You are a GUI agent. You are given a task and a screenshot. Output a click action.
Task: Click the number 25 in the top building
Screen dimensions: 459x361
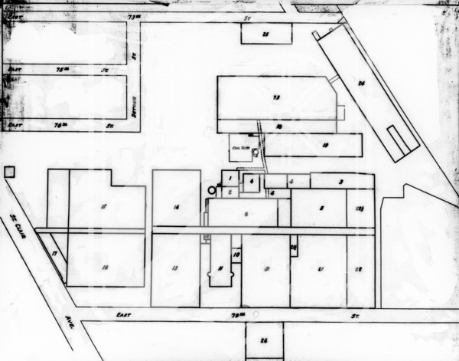click(265, 34)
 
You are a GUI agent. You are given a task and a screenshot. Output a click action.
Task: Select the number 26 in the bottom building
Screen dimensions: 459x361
click(264, 340)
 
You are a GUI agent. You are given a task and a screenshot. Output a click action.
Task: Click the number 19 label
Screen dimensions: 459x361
click(325, 144)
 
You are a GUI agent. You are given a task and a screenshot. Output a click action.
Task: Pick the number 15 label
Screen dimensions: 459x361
click(103, 205)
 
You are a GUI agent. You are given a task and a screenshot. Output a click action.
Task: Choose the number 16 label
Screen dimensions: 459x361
click(105, 266)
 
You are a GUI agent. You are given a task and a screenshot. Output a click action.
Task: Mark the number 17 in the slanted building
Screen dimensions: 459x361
click(54, 253)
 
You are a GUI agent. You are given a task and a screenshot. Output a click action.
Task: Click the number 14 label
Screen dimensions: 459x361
click(176, 208)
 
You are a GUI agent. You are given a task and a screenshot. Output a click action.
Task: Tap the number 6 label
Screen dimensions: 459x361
click(246, 214)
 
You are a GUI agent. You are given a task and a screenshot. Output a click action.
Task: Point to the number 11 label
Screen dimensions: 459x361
click(220, 268)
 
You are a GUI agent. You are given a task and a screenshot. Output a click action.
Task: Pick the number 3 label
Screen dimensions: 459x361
click(340, 182)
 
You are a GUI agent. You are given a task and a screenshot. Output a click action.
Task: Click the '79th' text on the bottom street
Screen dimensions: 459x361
click(239, 313)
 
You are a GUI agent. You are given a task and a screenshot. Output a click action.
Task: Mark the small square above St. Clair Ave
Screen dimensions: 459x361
click(10, 172)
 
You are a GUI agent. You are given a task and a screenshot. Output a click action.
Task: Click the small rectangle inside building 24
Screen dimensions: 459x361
click(403, 138)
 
